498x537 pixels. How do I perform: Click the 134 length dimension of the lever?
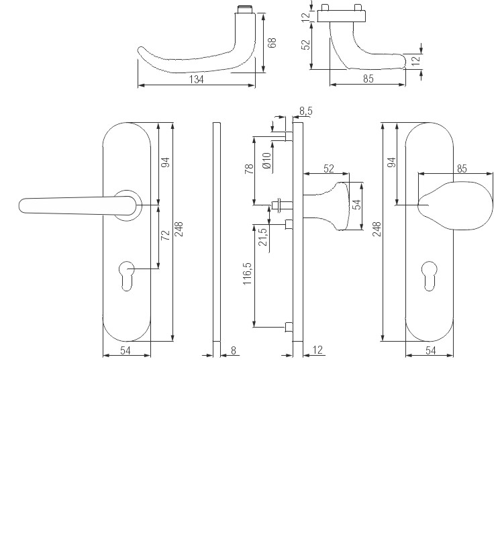[x=196, y=79]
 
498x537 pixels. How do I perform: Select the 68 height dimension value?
[x=272, y=42]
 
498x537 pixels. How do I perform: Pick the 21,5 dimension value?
[x=262, y=236]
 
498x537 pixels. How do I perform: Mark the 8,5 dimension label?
[x=305, y=110]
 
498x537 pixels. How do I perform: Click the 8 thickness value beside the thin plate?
[x=234, y=350]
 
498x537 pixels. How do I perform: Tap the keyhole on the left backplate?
[x=126, y=275]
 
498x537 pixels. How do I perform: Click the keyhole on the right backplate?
[x=430, y=275]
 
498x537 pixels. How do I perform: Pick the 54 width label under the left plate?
[x=126, y=350]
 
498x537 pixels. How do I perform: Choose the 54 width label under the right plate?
[x=430, y=350]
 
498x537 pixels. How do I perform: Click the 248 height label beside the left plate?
[x=179, y=230]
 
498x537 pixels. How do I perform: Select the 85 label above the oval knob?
[x=462, y=168]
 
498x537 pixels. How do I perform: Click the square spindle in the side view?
[x=279, y=203]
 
